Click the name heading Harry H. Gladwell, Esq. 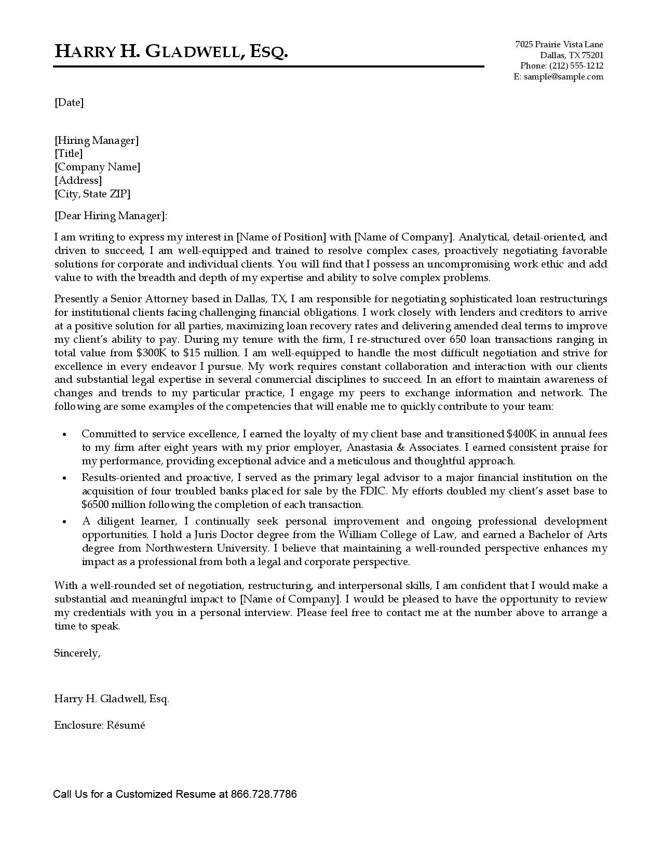(x=171, y=51)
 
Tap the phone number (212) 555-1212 (x=576, y=66)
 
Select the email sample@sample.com (x=563, y=77)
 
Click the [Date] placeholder (x=69, y=102)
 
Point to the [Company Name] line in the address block (x=97, y=167)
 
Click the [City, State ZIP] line (x=92, y=194)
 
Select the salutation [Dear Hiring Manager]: (x=111, y=216)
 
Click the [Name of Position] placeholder (x=281, y=237)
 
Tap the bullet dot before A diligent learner (x=64, y=521)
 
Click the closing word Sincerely (x=77, y=653)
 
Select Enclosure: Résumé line (x=100, y=725)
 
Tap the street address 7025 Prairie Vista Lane (x=559, y=45)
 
